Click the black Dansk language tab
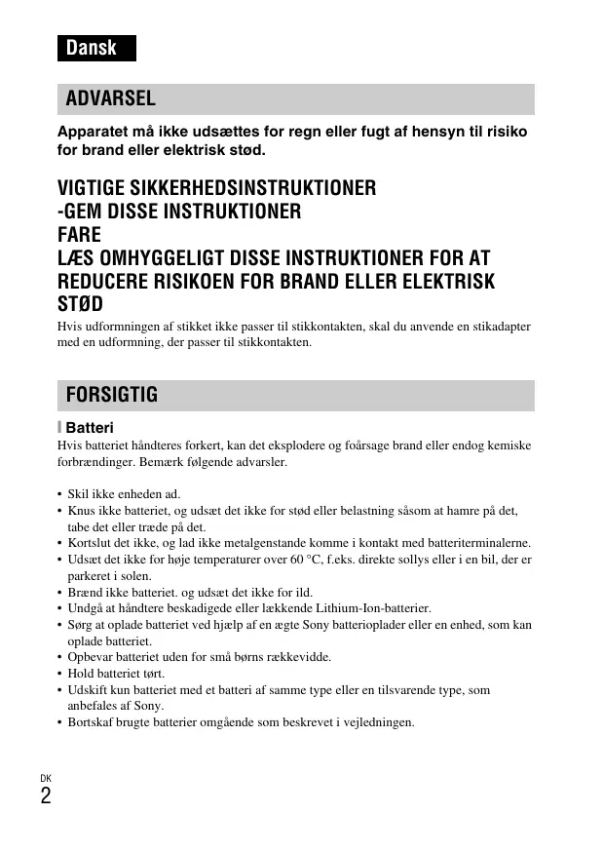pos(94,48)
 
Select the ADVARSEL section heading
pos(110,98)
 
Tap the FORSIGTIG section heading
pos(111,395)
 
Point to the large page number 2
pos(46,796)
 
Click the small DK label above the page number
pos(46,777)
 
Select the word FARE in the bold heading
pos(80,235)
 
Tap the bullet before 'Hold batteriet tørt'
pos(60,674)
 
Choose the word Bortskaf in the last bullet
pos(90,722)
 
